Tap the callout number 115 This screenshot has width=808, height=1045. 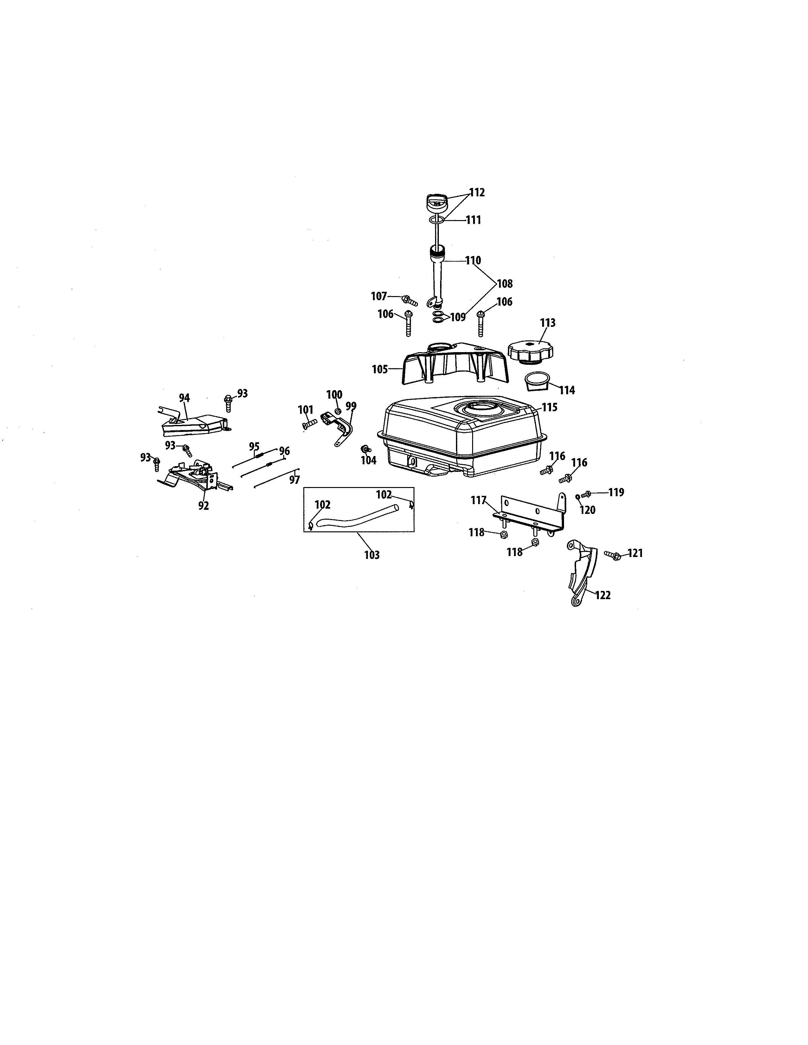(x=549, y=407)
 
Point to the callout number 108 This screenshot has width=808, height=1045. (x=504, y=284)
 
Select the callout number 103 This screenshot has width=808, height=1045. (x=372, y=555)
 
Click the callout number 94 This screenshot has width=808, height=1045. (x=184, y=398)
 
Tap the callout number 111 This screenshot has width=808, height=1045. (x=473, y=220)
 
